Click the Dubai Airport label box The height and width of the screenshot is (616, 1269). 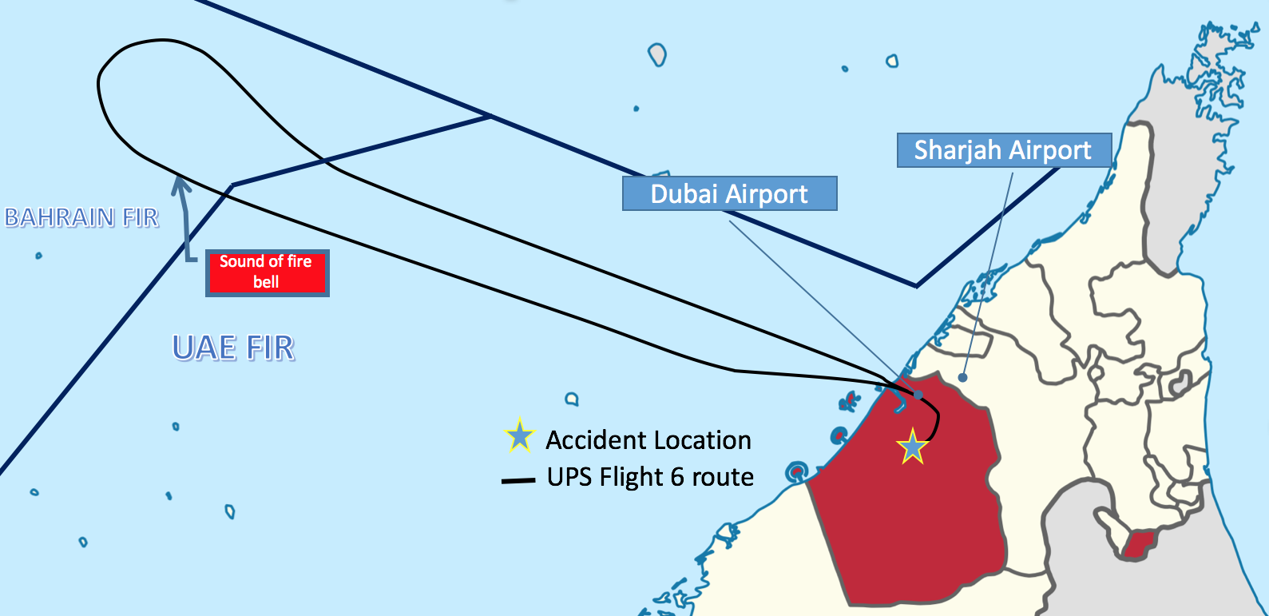(x=730, y=193)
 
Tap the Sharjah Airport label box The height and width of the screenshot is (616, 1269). (x=1005, y=150)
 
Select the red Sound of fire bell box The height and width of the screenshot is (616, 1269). (x=268, y=272)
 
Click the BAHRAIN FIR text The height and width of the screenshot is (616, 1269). (x=81, y=217)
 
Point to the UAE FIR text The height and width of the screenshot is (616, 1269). (x=233, y=348)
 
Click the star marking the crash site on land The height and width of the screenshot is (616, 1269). (x=913, y=447)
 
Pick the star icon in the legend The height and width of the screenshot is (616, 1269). (x=519, y=436)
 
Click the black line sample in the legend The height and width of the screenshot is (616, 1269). (x=518, y=481)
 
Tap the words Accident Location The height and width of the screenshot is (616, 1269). (x=648, y=440)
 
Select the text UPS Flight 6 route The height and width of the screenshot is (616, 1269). (x=650, y=477)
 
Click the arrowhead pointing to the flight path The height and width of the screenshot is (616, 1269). (x=180, y=185)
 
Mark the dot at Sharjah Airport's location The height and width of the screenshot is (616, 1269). (x=962, y=377)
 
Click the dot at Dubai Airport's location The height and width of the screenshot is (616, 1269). (x=918, y=395)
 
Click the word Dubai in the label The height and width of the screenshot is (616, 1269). (x=684, y=194)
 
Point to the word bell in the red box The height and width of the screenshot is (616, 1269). (x=266, y=282)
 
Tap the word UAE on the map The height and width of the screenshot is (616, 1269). (x=204, y=348)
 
